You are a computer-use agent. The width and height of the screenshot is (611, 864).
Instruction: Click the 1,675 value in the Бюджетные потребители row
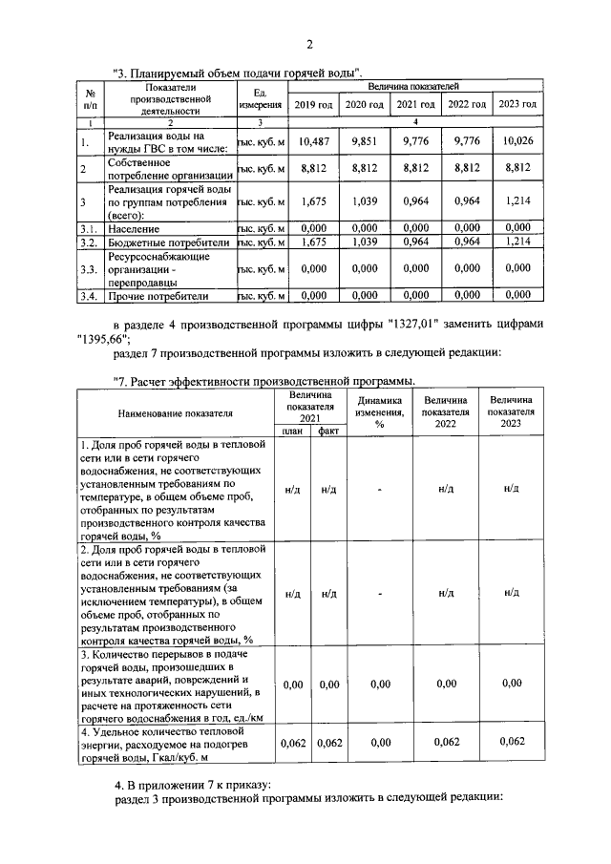(313, 243)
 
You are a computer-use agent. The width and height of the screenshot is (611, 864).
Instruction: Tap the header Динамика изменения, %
(379, 412)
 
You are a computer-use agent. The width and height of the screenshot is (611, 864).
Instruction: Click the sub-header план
(294, 432)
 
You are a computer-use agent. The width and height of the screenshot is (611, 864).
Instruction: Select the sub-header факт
(329, 432)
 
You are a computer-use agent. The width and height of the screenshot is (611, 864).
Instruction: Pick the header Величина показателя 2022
(445, 412)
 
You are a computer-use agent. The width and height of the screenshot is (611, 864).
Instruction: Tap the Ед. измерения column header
(260, 97)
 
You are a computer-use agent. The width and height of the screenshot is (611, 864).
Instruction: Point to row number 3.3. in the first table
(89, 270)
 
